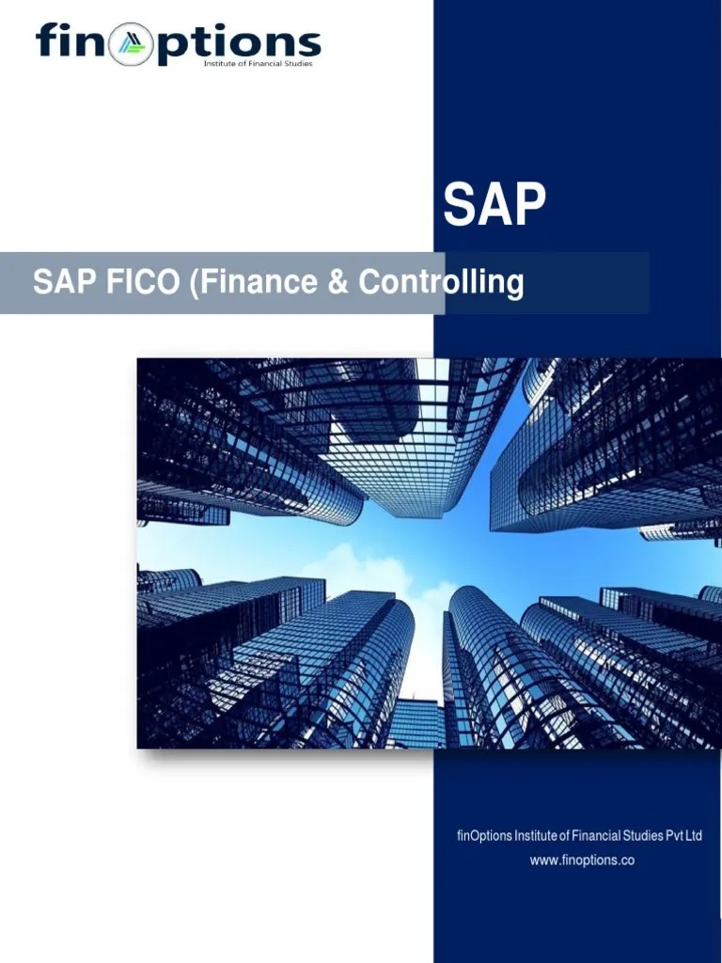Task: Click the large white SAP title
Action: pyautogui.click(x=494, y=205)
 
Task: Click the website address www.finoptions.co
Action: pyautogui.click(x=581, y=860)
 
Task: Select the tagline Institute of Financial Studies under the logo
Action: pyautogui.click(x=259, y=64)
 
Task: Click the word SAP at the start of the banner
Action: pyautogui.click(x=59, y=281)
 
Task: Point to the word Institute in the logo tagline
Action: pyautogui.click(x=220, y=64)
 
